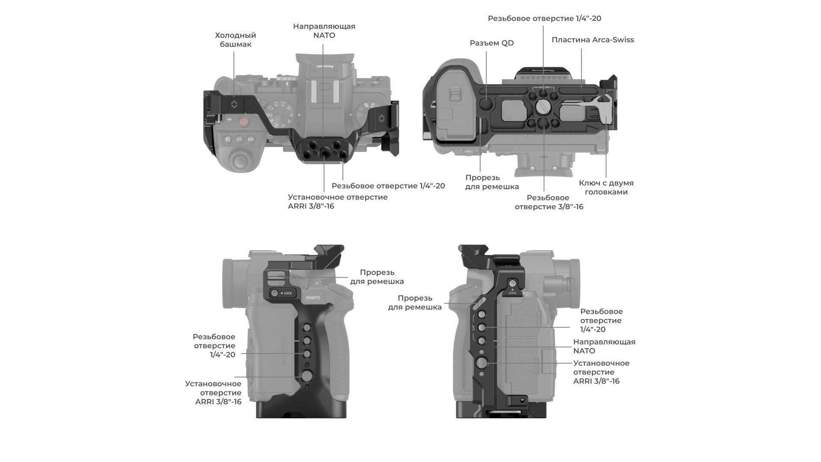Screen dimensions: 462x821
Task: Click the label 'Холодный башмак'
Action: coord(235,40)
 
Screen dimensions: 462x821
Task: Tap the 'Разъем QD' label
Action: coord(491,43)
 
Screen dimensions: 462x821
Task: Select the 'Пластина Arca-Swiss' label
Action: coord(592,40)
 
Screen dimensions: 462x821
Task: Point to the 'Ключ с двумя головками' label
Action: coord(606,187)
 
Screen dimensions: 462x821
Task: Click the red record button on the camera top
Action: coord(244,122)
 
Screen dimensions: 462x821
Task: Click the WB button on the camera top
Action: coord(251,139)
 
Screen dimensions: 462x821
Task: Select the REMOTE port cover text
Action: coord(313,298)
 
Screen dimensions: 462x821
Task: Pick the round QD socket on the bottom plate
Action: coord(486,103)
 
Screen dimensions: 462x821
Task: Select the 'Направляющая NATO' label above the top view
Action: coord(324,31)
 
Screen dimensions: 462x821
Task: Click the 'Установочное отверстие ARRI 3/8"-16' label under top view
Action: coord(337,201)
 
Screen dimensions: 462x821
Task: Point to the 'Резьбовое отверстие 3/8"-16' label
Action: coord(549,202)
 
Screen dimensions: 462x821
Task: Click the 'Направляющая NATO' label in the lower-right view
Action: coord(604,346)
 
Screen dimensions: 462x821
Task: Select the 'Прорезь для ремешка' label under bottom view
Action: coord(492,182)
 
